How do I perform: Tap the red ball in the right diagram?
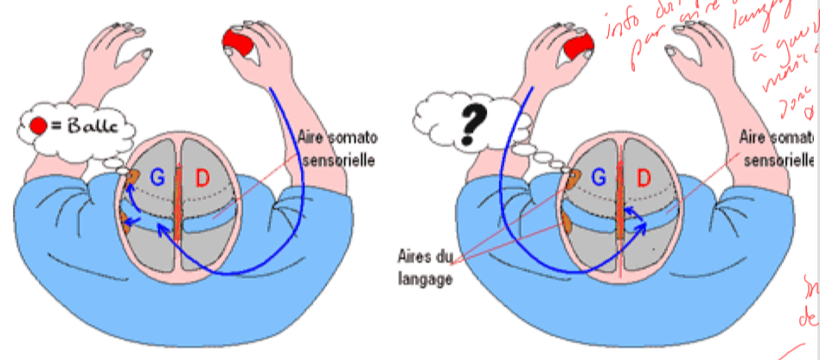pyautogui.click(x=575, y=48)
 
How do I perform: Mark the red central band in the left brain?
pyautogui.click(x=179, y=208)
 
